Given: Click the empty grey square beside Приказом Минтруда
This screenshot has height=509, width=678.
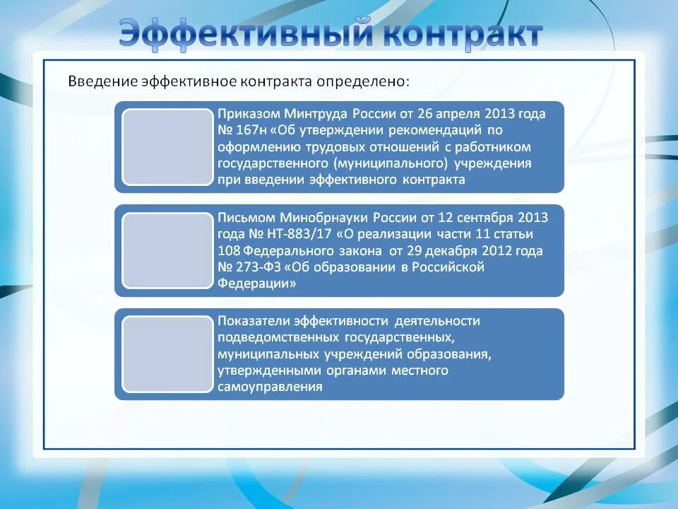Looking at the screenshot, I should coord(167,147).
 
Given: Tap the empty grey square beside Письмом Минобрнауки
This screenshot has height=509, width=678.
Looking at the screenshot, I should coord(167,251).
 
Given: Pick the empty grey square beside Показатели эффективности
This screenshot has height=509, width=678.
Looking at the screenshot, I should coord(167,354).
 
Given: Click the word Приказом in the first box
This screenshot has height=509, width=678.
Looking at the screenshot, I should coord(249,114).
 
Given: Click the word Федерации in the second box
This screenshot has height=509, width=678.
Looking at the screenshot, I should coord(256,283).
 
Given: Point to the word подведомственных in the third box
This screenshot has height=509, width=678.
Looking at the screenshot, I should coord(279,337).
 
